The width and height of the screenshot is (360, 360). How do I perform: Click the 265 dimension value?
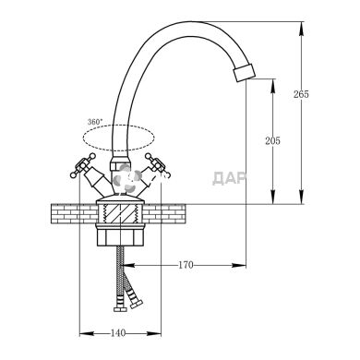(x=301, y=94)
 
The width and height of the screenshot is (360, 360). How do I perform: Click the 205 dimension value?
(x=273, y=141)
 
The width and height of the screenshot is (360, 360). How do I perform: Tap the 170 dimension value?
(x=186, y=265)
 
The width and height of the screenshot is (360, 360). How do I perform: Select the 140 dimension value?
(x=118, y=333)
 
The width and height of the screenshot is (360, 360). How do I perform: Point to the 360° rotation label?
(x=94, y=122)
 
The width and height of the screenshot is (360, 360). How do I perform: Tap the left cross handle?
(x=83, y=165)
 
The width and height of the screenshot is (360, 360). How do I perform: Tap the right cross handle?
(x=158, y=165)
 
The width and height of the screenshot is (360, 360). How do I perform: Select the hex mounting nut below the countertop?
(x=120, y=235)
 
